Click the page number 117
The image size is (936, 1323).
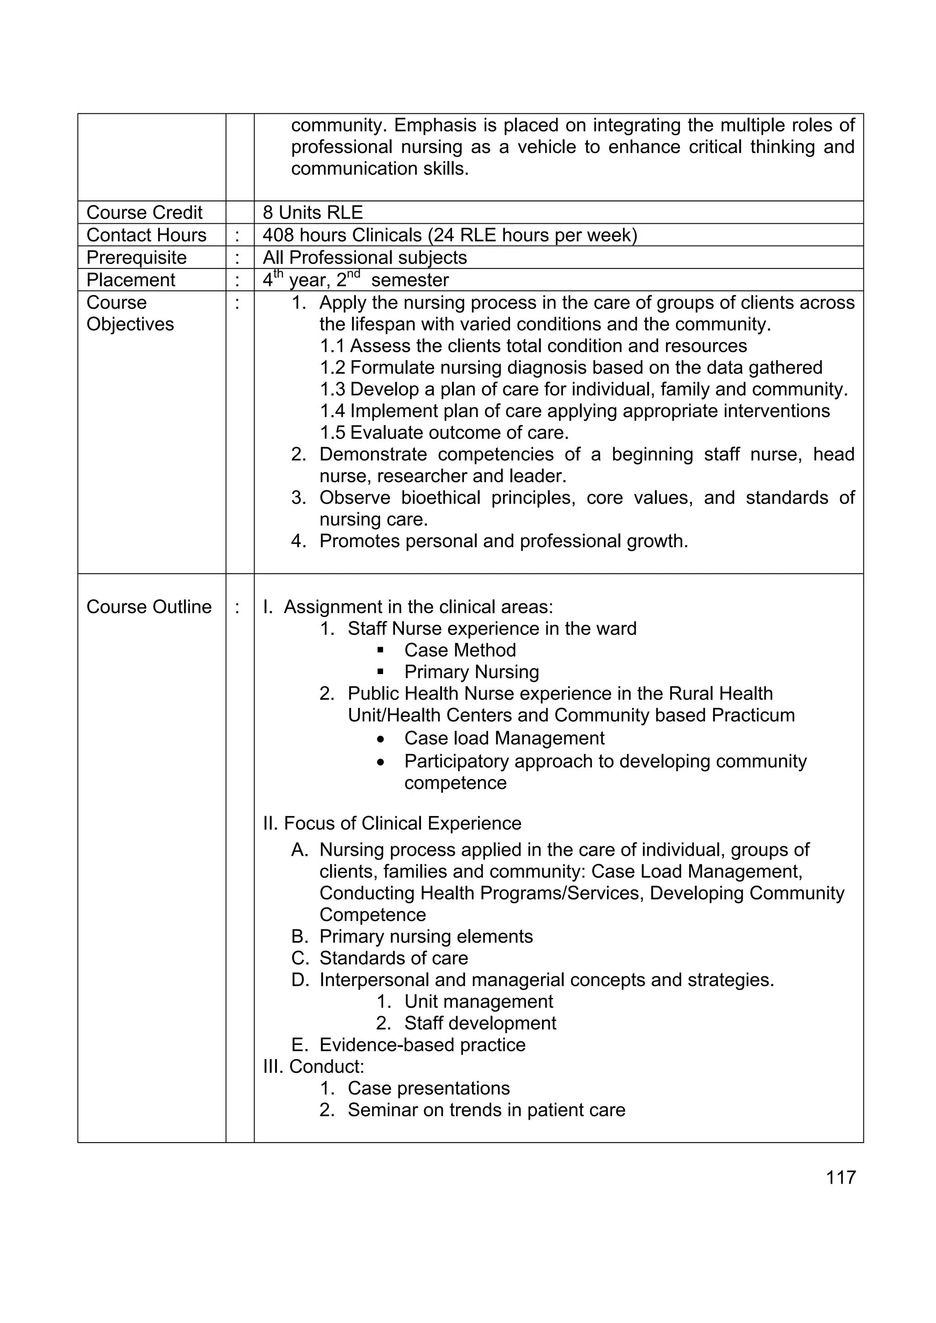pos(840,1177)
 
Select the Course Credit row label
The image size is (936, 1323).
pos(144,213)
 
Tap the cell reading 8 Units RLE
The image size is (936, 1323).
pos(313,213)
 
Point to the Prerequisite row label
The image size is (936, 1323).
pos(137,258)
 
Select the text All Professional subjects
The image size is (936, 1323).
pos(364,258)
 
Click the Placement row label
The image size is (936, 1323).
pos(131,280)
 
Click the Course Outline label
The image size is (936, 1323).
pos(149,607)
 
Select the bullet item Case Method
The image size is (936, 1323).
pos(460,650)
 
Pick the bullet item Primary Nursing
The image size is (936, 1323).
pos(471,672)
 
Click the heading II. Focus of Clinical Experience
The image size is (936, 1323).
pos(392,823)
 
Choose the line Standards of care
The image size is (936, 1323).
pos(394,958)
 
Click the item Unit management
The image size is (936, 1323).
pos(478,1001)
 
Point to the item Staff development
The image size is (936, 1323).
pos(480,1023)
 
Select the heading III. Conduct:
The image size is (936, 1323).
pos(314,1067)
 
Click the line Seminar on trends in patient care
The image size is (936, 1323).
pos(486,1110)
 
